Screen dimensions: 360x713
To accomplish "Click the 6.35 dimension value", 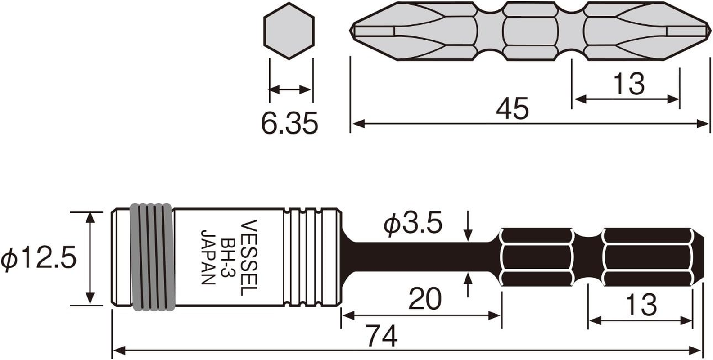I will point(289,123).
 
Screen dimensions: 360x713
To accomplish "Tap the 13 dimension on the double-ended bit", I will point(628,84).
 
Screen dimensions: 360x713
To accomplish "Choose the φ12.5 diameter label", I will point(39,259).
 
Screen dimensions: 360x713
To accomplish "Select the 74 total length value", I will point(382,336).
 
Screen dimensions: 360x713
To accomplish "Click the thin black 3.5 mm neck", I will point(423,257).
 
